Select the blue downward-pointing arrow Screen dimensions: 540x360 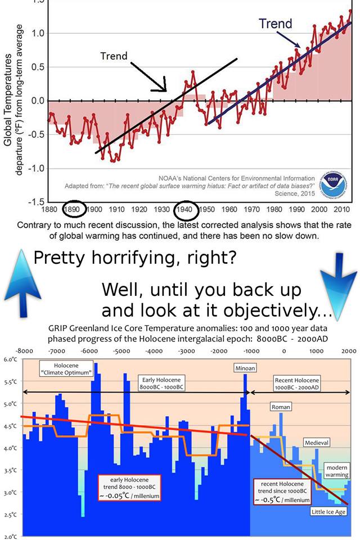pyautogui.click(x=338, y=281)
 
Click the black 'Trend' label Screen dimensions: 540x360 pyautogui.click(x=114, y=56)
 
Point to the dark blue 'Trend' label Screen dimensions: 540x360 pyautogui.click(x=275, y=24)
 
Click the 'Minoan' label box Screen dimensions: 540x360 pyautogui.click(x=245, y=368)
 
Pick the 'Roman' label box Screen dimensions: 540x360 pyautogui.click(x=281, y=406)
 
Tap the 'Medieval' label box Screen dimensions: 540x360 pyautogui.click(x=316, y=443)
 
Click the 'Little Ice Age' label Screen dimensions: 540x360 pyautogui.click(x=328, y=511)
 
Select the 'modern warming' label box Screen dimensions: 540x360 pyautogui.click(x=337, y=471)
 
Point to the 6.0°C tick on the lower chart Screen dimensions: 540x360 pyautogui.click(x=10, y=359)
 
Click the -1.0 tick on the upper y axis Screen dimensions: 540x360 pyautogui.click(x=36, y=169)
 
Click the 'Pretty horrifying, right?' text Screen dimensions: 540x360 pyautogui.click(x=135, y=258)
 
